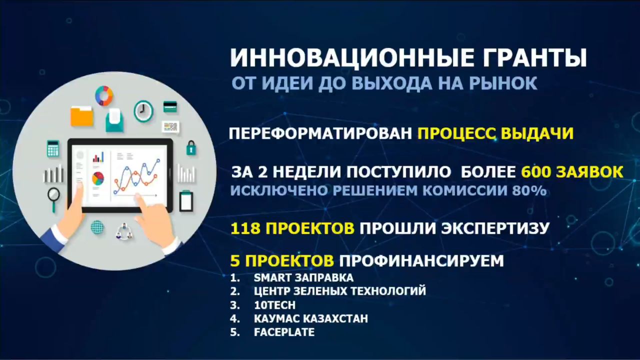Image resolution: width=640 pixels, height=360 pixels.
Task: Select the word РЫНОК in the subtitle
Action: pyautogui.click(x=503, y=83)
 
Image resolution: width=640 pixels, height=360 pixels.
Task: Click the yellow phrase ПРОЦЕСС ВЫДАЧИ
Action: pyautogui.click(x=495, y=133)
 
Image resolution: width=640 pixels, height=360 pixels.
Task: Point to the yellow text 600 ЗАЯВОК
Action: pyautogui.click(x=572, y=171)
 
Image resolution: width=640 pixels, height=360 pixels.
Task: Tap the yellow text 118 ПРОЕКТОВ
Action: pyautogui.click(x=292, y=228)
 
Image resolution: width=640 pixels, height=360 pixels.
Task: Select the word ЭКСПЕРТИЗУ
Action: pyautogui.click(x=495, y=228)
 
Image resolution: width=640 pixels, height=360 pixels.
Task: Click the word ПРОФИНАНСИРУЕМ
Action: pyautogui.click(x=421, y=260)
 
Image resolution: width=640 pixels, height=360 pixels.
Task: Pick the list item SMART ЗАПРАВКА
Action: pyautogui.click(x=303, y=277)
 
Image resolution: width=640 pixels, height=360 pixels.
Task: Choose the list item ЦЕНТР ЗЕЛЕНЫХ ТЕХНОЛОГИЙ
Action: pyautogui.click(x=340, y=291)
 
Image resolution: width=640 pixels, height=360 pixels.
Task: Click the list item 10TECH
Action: pyautogui.click(x=274, y=305)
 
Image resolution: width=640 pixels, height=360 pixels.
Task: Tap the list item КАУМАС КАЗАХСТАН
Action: pyautogui.click(x=311, y=318)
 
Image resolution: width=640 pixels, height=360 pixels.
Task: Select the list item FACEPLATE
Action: pyautogui.click(x=284, y=332)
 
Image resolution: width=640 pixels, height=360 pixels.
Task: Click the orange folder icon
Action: pyautogui.click(x=81, y=116)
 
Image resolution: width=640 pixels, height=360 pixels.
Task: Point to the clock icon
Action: pyautogui.click(x=143, y=111)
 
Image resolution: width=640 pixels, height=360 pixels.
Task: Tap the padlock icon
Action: pyautogui.click(x=191, y=147)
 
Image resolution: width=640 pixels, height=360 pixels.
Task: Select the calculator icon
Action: pyautogui.click(x=53, y=148)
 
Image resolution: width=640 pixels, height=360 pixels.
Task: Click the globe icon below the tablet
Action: pyautogui.click(x=97, y=227)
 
